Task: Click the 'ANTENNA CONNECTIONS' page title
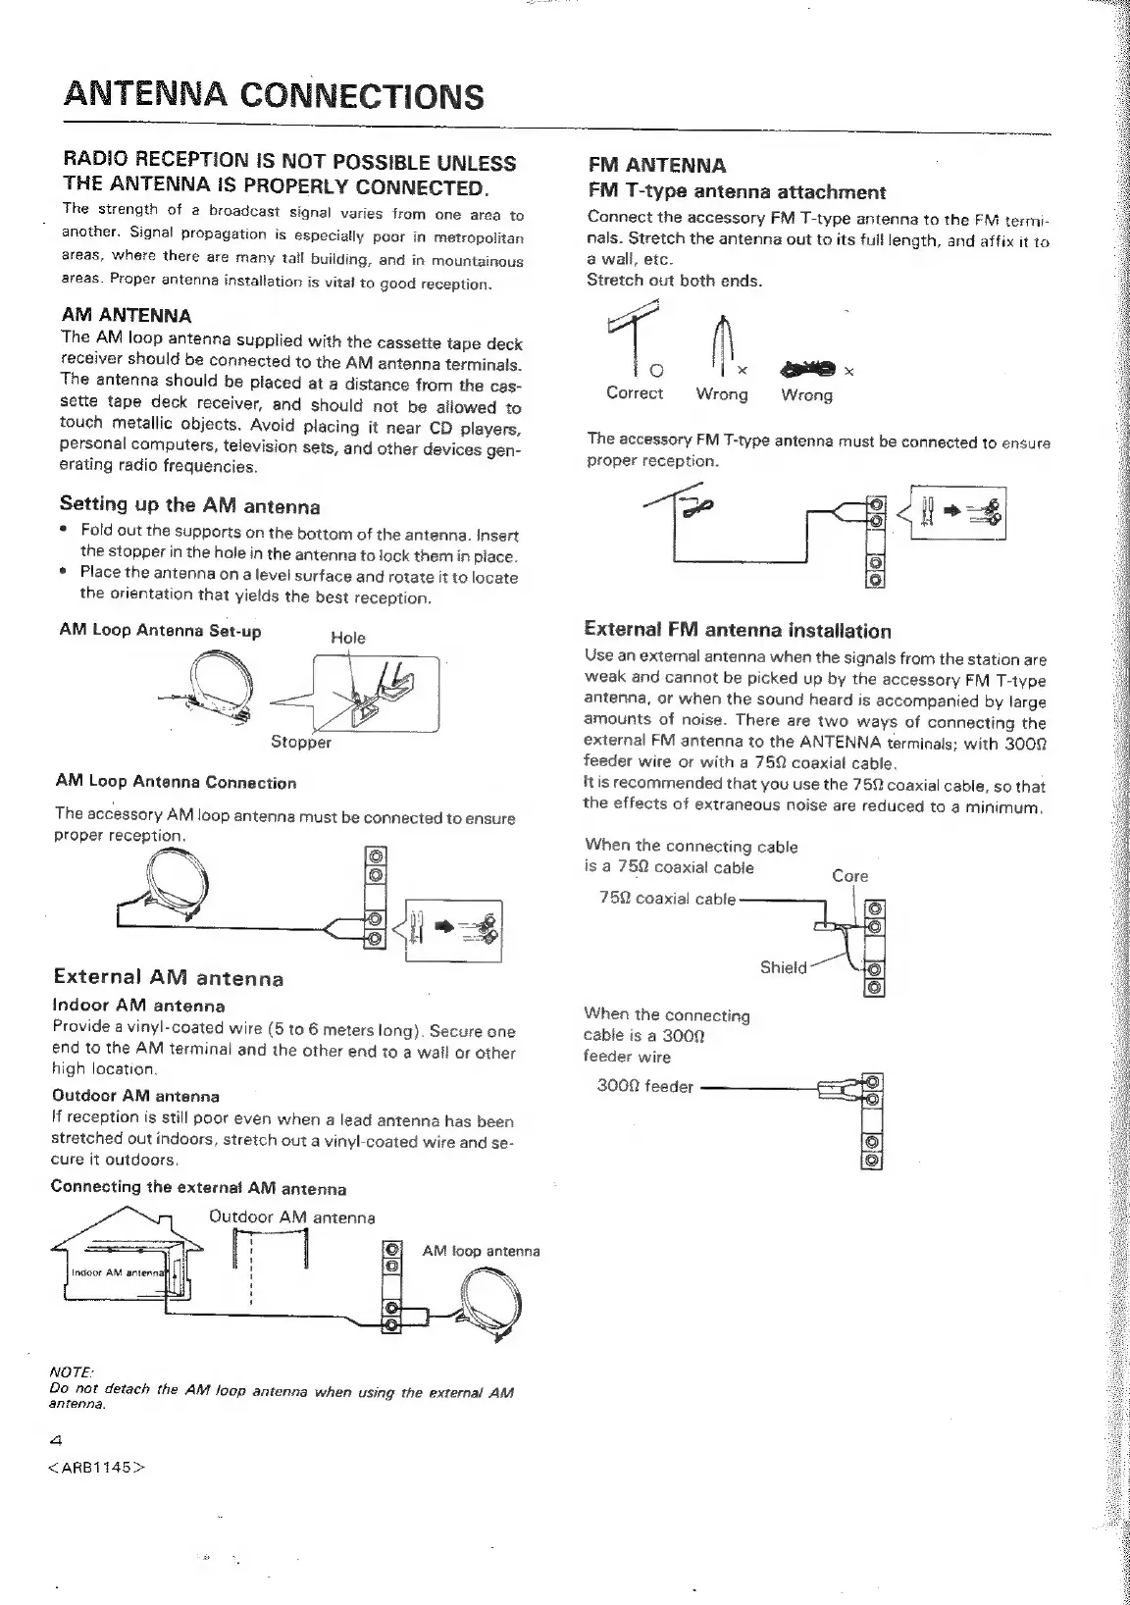tap(274, 96)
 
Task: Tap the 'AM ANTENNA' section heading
tap(127, 316)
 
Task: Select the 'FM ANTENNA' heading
tap(656, 165)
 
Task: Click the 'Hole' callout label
tap(348, 638)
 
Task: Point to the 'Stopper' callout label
tap(301, 743)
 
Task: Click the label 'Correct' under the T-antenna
tap(635, 393)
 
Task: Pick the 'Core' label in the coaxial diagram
tap(849, 876)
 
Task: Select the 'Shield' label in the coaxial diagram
tap(784, 967)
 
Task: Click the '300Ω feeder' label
tap(645, 1087)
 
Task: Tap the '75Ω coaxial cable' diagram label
tap(667, 899)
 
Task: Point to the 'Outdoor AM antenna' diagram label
tap(292, 1217)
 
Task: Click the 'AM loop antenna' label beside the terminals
tap(481, 1251)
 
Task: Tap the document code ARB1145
tap(97, 1469)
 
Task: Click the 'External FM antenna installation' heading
tap(738, 631)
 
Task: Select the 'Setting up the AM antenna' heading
tap(190, 505)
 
